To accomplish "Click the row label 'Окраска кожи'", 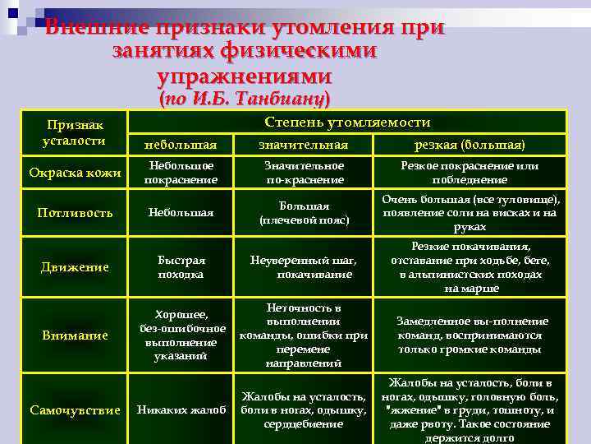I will coord(75,173).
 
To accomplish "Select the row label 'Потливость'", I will coord(75,213).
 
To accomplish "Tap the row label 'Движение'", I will coord(75,266).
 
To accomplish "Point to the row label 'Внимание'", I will coord(75,335).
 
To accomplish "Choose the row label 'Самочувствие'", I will coord(75,410).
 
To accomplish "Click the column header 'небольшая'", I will coord(181,145).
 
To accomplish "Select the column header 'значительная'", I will coord(303,145).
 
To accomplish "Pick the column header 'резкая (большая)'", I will coord(470,145).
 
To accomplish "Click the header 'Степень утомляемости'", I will coord(347,122).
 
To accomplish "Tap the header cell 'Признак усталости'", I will coord(75,132).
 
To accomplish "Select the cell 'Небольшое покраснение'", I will coord(181,173).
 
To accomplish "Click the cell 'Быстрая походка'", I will coord(181,266).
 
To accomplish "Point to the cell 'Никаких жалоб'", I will coord(181,410).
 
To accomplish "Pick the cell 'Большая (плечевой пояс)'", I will coord(303,213).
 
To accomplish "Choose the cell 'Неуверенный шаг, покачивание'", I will coord(303,266).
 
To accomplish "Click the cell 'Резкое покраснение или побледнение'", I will coord(470,173).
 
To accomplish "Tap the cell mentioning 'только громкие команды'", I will coord(470,335).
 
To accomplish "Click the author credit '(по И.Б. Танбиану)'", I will coord(244,99).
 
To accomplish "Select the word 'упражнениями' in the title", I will coord(244,76).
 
